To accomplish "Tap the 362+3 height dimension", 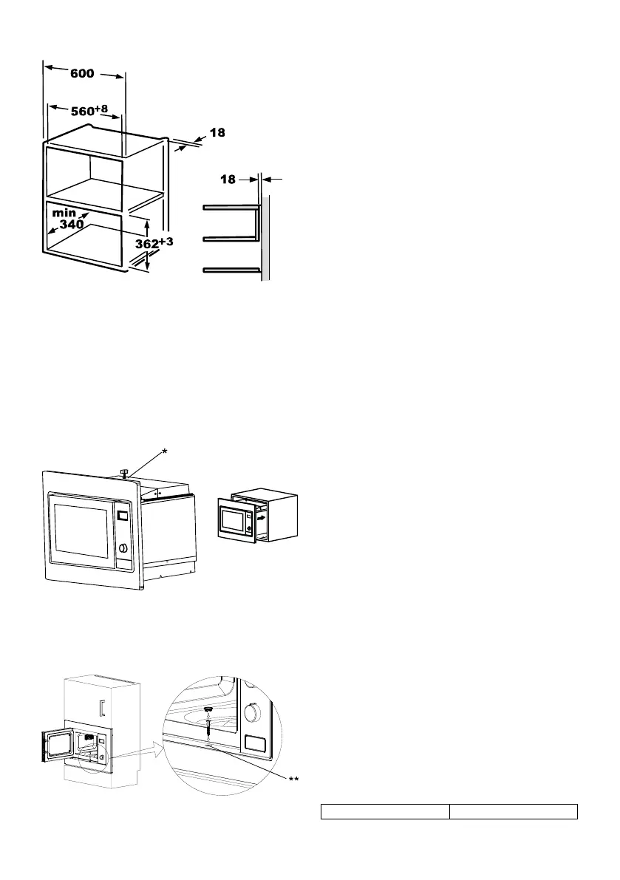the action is click(153, 245).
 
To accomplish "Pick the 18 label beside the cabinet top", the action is click(216, 133).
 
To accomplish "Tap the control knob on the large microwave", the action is click(121, 548).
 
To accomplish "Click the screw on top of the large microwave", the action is click(126, 472).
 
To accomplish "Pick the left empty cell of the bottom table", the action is click(384, 812).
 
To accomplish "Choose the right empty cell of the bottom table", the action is click(514, 812).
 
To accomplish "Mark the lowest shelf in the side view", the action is click(231, 270).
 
